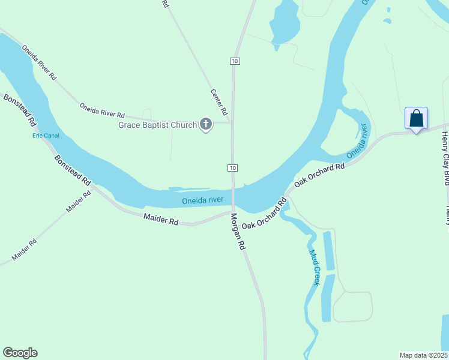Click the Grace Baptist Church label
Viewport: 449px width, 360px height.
pyautogui.click(x=158, y=125)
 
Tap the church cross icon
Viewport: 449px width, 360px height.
pyautogui.click(x=206, y=125)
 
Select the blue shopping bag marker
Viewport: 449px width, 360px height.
pyautogui.click(x=416, y=118)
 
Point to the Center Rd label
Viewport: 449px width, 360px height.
pyautogui.click(x=219, y=102)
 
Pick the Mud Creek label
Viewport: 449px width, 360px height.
pyautogui.click(x=315, y=268)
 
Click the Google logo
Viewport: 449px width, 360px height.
pyautogui.click(x=20, y=353)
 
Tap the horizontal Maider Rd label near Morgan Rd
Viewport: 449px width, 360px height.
pyautogui.click(x=161, y=220)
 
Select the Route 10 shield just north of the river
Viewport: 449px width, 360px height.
pyautogui.click(x=234, y=167)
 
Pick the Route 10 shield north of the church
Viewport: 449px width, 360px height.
pyautogui.click(x=234, y=61)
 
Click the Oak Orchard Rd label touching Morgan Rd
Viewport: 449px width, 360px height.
pyautogui.click(x=265, y=212)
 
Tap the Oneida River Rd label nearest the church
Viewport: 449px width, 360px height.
pyautogui.click(x=102, y=110)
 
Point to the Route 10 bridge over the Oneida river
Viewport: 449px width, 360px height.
pyautogui.click(x=234, y=195)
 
